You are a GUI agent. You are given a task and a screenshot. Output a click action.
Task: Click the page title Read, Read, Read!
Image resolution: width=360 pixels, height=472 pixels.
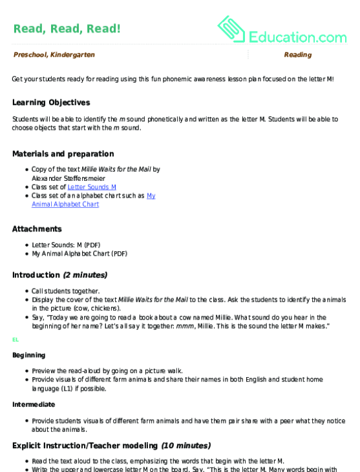pos(66,28)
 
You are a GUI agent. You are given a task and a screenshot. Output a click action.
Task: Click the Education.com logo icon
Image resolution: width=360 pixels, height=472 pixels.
pos(230,28)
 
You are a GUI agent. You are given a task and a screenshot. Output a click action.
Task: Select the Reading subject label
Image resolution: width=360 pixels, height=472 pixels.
pos(297,56)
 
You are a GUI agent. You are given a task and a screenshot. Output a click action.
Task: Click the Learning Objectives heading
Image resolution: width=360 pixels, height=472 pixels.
pos(51,103)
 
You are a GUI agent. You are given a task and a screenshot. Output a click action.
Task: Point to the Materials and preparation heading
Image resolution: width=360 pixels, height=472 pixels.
pos(63,154)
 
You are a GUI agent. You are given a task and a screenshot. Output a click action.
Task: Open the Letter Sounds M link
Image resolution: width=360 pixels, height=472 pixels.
pos(92,187)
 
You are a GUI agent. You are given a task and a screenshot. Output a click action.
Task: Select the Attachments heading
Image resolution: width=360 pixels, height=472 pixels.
pos(37,229)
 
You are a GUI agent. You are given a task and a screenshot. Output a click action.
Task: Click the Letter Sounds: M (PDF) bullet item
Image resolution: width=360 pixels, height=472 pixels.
pos(66,245)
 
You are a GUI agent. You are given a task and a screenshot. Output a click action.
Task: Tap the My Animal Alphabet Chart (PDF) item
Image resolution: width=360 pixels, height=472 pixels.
pos(79,254)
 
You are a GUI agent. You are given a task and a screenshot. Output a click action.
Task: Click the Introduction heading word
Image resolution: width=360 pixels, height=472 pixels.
pos(37,275)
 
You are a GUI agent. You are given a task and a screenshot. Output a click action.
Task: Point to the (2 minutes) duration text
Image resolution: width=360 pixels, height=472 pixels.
pos(85,275)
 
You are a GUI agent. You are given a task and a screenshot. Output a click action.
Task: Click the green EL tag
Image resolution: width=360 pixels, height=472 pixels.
pos(15,339)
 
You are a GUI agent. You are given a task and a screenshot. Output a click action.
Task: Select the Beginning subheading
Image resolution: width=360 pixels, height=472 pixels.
pos(28,355)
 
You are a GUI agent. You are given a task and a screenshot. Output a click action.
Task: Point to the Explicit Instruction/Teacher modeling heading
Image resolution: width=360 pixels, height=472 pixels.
pos(85,446)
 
